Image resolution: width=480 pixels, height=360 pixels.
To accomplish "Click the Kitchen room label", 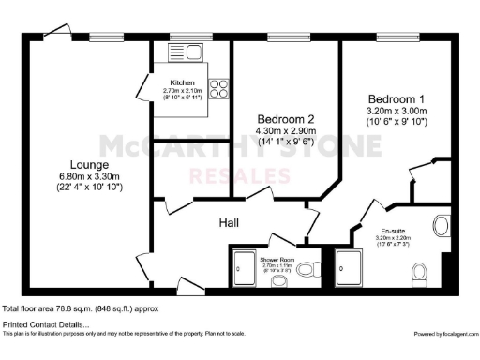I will click(182, 82).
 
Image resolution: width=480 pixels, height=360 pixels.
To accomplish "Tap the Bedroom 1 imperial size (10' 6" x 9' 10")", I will click(397, 121).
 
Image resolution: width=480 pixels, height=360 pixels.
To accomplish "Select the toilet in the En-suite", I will click(420, 271).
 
